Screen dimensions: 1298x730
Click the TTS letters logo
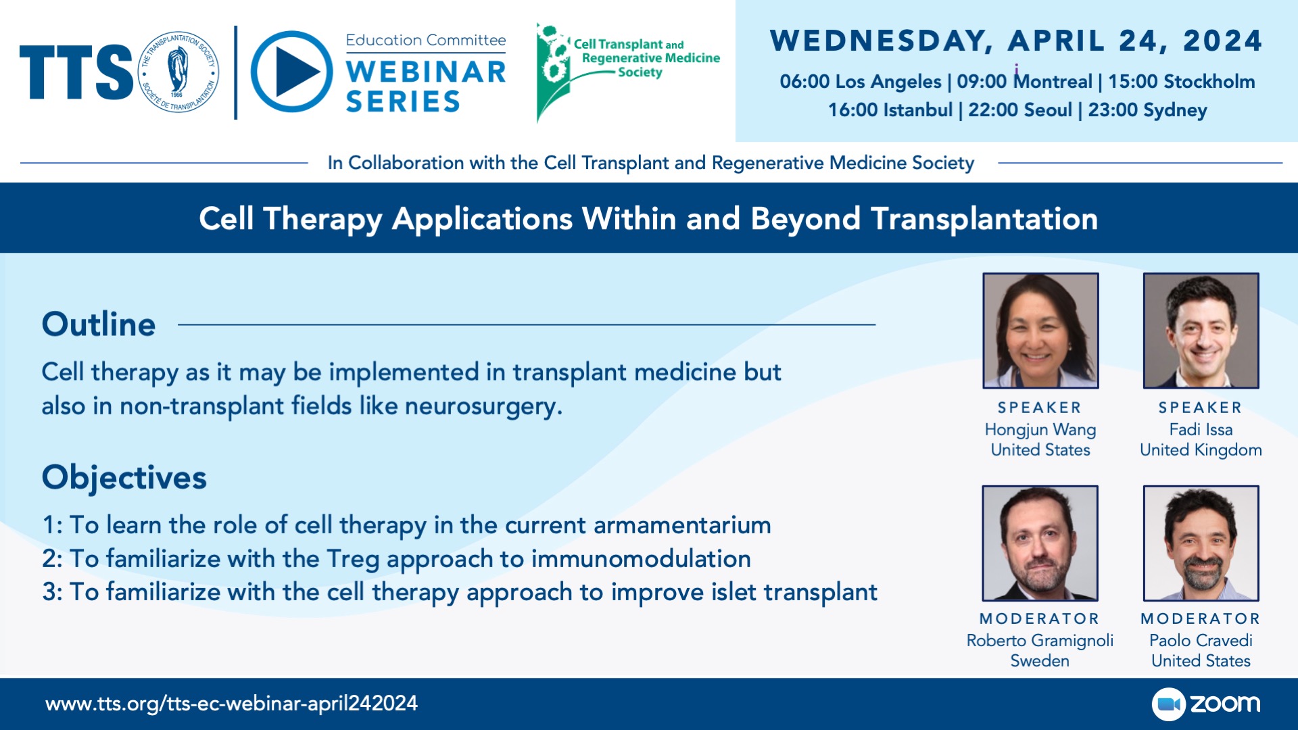[x=76, y=72]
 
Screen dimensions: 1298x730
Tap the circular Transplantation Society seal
[x=179, y=72]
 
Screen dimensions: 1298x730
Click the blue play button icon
[x=291, y=72]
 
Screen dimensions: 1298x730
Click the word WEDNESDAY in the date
[x=881, y=41]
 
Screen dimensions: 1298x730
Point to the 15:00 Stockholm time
[x=1181, y=82]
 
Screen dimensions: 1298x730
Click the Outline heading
[x=99, y=324]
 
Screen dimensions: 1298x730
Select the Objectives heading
[x=124, y=478]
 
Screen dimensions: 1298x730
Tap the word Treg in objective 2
[x=353, y=560]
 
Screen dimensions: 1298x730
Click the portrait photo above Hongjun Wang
[x=1040, y=331]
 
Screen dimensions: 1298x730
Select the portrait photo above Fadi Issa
[x=1201, y=331]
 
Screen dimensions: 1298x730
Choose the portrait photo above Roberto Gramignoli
[x=1040, y=543]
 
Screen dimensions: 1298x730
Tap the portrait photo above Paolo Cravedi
[x=1201, y=543]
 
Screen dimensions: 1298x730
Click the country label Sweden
[x=1040, y=661]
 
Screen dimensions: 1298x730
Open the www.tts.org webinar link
[x=231, y=704]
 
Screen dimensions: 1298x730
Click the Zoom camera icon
[x=1169, y=704]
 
